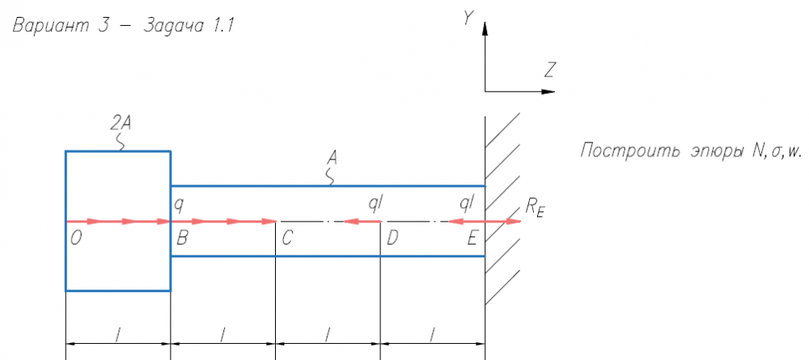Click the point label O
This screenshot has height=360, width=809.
pos(76,239)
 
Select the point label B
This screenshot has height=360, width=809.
pos(181,239)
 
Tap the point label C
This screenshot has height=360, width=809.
pos(287,239)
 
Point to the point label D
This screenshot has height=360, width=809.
pos(392,239)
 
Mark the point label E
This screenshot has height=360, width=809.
pos(472,239)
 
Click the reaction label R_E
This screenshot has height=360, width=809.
pos(535,208)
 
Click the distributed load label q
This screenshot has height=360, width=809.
pos(179,205)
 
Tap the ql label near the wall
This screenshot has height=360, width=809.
pos(467,204)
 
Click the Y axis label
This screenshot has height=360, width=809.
pos(468,18)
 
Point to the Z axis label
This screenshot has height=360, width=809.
pos(549,70)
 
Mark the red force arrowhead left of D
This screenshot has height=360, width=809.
pos(351,222)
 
